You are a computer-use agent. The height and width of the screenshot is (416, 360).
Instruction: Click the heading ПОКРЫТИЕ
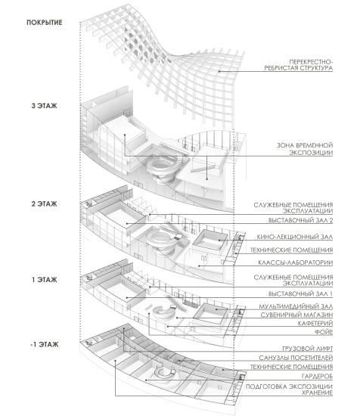tap(45, 23)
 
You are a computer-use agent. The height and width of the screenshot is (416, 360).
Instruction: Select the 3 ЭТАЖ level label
tap(45, 106)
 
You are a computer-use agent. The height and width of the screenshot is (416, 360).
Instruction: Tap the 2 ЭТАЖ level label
tap(45, 203)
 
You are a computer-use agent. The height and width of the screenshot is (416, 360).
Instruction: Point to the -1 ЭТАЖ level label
tap(45, 345)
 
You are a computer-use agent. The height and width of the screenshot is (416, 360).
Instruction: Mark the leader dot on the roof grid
tap(219, 71)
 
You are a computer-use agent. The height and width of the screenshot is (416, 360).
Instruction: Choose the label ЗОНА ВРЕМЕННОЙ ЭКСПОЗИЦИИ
tap(305, 149)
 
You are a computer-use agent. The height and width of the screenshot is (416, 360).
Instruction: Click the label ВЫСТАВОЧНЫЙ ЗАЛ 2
tap(300, 220)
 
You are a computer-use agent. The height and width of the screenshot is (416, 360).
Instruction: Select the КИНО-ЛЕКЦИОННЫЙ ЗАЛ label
tap(294, 237)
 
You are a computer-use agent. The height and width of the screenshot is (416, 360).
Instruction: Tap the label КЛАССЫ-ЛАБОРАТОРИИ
tap(295, 262)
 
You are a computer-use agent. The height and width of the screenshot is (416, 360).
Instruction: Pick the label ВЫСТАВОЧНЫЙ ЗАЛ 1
tap(300, 294)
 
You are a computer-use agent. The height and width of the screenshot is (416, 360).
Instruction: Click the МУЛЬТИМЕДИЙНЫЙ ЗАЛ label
tap(296, 306)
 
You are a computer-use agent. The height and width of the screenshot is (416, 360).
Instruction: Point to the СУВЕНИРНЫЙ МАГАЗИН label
tap(296, 315)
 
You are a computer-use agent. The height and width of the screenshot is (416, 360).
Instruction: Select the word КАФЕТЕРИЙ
tap(315, 324)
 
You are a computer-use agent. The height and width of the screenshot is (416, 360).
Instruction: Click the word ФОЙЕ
tap(324, 332)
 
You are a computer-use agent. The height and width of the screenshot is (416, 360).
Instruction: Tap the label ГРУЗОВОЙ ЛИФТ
tap(307, 349)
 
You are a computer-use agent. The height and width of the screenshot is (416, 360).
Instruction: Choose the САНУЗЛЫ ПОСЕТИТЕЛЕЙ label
tap(296, 358)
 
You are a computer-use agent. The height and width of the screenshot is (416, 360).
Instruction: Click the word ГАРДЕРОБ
tap(317, 376)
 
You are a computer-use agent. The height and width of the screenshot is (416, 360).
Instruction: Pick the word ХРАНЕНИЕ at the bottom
tap(317, 393)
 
